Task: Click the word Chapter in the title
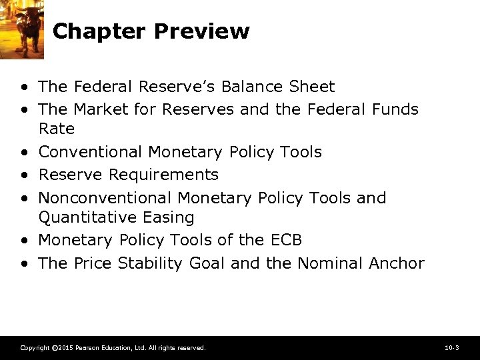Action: click(x=99, y=31)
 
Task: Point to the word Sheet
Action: click(x=312, y=87)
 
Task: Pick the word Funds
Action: click(x=396, y=109)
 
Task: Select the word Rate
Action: click(x=57, y=128)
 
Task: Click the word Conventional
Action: click(x=91, y=152)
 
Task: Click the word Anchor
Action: click(x=396, y=263)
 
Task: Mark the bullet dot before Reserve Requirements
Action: click(x=25, y=175)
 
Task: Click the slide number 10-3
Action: click(x=451, y=348)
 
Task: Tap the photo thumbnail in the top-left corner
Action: click(x=22, y=28)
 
